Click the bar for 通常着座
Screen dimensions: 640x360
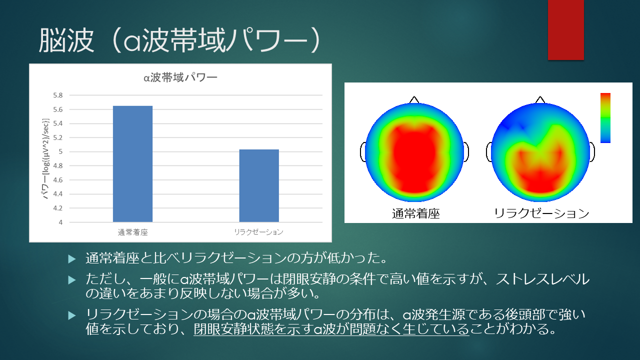[x=132, y=163]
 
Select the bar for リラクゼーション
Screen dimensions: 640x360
[x=259, y=185]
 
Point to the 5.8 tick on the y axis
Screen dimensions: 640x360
[x=57, y=95]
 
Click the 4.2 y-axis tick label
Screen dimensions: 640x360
[x=57, y=208]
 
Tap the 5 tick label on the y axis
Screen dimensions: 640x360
[x=60, y=151]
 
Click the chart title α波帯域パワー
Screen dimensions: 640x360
[x=180, y=77]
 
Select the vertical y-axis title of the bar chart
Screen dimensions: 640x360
[x=45, y=158]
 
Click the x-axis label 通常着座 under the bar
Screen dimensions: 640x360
[x=133, y=232]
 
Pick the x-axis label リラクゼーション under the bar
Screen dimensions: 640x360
[x=258, y=231]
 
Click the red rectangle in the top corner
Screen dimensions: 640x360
[x=565, y=29]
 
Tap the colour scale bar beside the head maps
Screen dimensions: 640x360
[x=605, y=117]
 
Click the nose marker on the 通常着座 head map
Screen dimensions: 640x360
[x=414, y=99]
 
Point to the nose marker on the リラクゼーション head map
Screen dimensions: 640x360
[x=539, y=99]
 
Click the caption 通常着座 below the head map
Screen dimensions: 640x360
[x=415, y=213]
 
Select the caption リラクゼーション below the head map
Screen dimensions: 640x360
[x=541, y=213]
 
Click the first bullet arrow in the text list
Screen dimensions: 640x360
[x=71, y=259]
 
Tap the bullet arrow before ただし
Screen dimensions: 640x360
[x=71, y=279]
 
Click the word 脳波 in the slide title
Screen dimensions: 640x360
[x=66, y=40]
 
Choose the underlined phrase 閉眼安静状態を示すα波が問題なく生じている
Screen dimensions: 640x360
[x=331, y=329]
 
